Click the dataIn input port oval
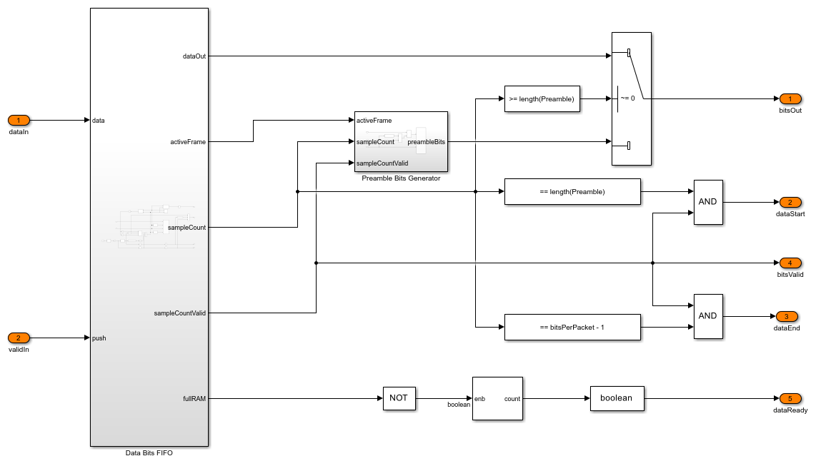pyautogui.click(x=19, y=120)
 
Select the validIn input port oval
pyautogui.click(x=19, y=338)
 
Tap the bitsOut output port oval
pyautogui.click(x=790, y=98)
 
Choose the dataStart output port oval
pyautogui.click(x=790, y=202)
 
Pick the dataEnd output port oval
pyautogui.click(x=786, y=316)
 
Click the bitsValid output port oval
pyautogui.click(x=790, y=263)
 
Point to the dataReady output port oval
pyautogui.click(x=790, y=398)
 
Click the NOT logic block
pyautogui.click(x=399, y=398)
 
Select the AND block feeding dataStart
pyautogui.click(x=707, y=202)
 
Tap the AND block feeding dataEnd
pyautogui.click(x=707, y=316)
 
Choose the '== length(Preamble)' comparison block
pyautogui.click(x=572, y=191)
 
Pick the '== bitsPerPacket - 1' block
pyautogui.click(x=572, y=327)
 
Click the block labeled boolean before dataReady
pyautogui.click(x=617, y=398)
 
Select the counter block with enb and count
pyautogui.click(x=497, y=398)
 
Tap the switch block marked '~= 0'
pyautogui.click(x=632, y=98)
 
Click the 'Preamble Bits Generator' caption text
pyautogui.click(x=401, y=178)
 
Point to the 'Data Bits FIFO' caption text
pyautogui.click(x=149, y=453)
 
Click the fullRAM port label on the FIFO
pyautogui.click(x=194, y=399)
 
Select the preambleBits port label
pyautogui.click(x=427, y=142)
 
